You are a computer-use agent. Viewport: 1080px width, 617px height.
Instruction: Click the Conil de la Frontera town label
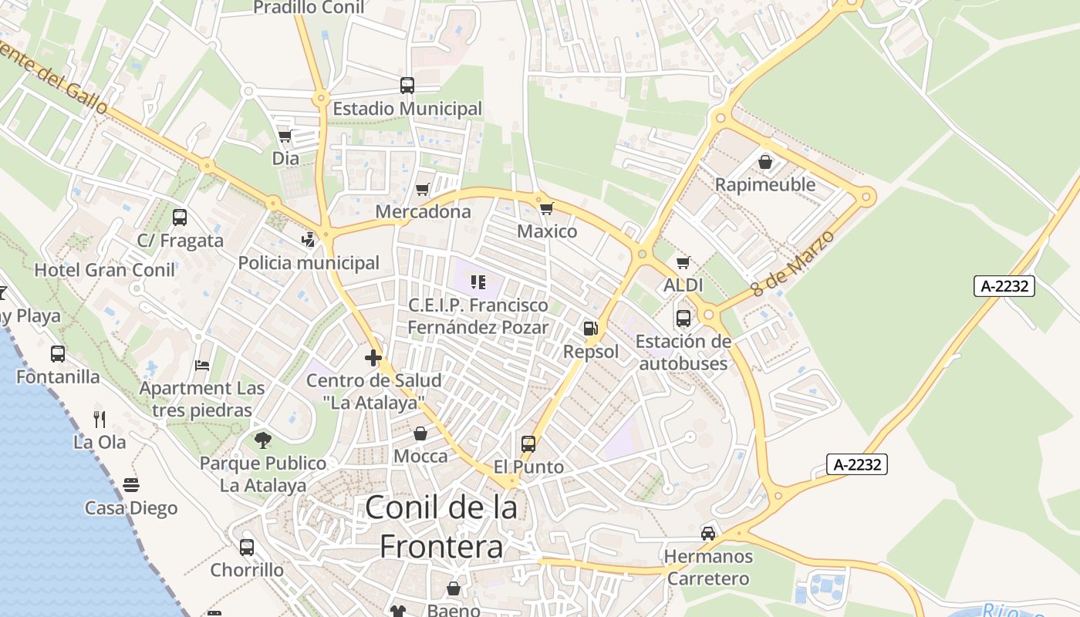pyautogui.click(x=441, y=527)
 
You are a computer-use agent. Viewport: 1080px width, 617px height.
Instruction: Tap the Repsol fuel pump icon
pyautogui.click(x=590, y=329)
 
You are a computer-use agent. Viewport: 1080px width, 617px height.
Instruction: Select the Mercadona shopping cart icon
pyautogui.click(x=423, y=189)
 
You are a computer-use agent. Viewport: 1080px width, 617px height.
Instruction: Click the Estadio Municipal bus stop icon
pyautogui.click(x=407, y=86)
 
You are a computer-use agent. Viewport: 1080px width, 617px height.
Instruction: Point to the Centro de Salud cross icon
pyautogui.click(x=373, y=358)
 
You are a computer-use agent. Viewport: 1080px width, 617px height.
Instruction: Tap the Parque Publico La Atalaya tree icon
pyautogui.click(x=263, y=440)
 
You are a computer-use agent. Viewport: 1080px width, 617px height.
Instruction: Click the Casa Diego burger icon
pyautogui.click(x=131, y=485)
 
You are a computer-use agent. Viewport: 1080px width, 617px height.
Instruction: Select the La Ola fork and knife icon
pyautogui.click(x=100, y=420)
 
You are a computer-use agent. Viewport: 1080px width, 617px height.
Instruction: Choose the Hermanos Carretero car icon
pyautogui.click(x=708, y=533)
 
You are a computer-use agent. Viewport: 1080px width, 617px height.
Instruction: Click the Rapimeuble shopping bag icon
pyautogui.click(x=765, y=162)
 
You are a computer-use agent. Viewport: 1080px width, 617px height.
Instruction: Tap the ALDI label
pyautogui.click(x=683, y=285)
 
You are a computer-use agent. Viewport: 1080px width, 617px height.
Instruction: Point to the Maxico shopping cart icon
pyautogui.click(x=547, y=208)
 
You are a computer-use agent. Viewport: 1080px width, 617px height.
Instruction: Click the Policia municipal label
pyautogui.click(x=309, y=263)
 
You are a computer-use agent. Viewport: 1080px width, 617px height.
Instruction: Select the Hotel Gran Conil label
pyautogui.click(x=104, y=270)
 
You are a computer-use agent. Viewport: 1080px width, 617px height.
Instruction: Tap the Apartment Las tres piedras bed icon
pyautogui.click(x=202, y=365)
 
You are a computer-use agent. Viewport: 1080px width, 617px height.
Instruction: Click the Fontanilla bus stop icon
pyautogui.click(x=58, y=354)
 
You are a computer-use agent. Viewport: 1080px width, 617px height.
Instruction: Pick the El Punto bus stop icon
pyautogui.click(x=528, y=444)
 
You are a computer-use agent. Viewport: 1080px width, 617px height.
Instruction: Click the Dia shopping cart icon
pyautogui.click(x=285, y=137)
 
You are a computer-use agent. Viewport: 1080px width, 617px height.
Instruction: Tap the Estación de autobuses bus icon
pyautogui.click(x=683, y=318)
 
